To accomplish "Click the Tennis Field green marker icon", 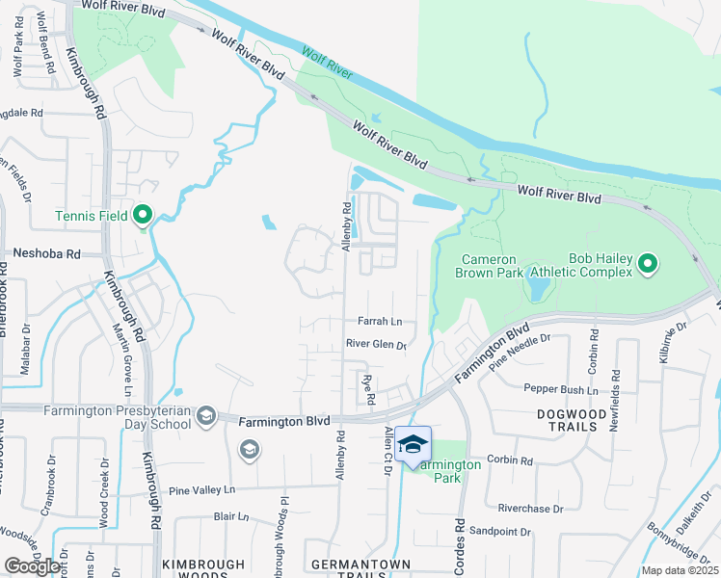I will (x=143, y=214).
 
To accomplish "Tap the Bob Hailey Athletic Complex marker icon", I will (x=648, y=262).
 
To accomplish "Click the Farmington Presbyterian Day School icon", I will (x=205, y=415).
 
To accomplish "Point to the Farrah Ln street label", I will (x=381, y=322).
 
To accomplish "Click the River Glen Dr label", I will (x=376, y=345).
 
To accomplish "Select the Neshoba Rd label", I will (x=45, y=253).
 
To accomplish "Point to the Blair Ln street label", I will (x=231, y=516).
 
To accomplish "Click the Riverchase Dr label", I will (x=528, y=508).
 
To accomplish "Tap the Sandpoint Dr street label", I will (x=499, y=532).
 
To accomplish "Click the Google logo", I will (x=32, y=566).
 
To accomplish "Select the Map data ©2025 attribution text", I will (x=680, y=570).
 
